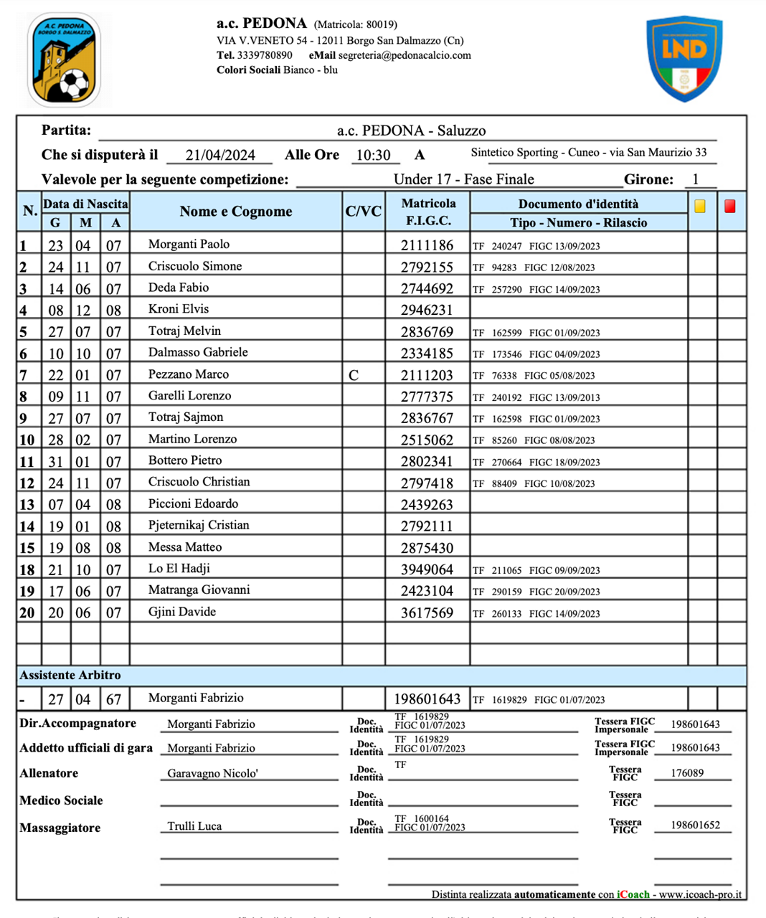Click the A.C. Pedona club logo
click(64, 60)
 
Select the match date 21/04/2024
click(220, 156)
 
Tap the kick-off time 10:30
click(373, 156)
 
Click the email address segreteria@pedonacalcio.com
click(405, 55)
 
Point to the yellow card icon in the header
click(700, 207)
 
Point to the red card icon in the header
click(729, 207)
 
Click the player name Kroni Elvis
click(179, 309)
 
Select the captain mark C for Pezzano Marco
click(354, 375)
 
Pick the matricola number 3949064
click(427, 569)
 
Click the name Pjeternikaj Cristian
click(199, 525)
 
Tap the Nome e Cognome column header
click(236, 212)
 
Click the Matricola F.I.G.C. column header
click(428, 212)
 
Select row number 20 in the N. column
click(27, 613)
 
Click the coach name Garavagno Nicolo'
click(212, 774)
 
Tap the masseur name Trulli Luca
click(194, 826)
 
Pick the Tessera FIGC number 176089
click(687, 773)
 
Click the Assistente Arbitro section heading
click(70, 676)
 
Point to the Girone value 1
click(695, 179)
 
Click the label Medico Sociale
click(61, 800)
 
